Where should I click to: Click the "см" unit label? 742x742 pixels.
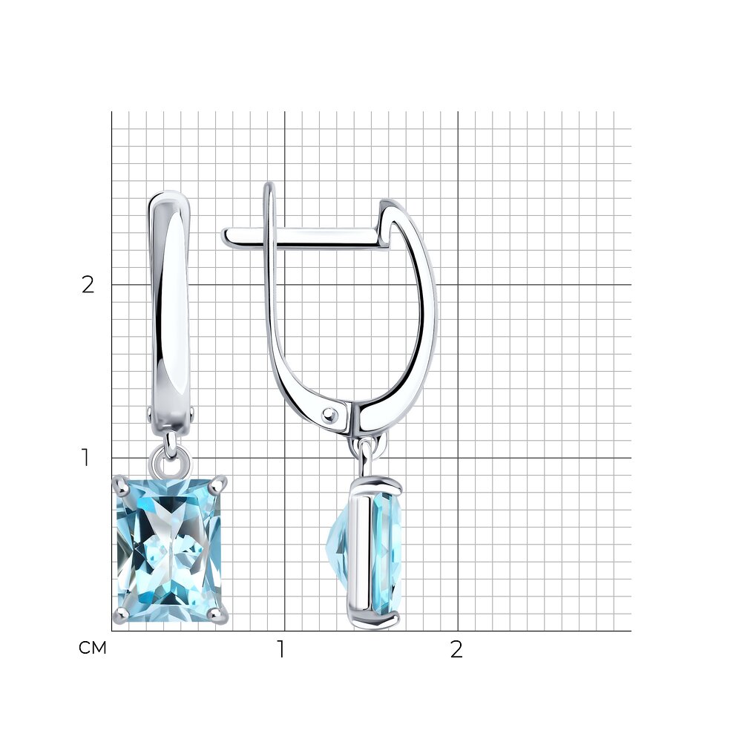[92, 648]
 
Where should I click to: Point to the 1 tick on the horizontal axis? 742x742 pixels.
[281, 650]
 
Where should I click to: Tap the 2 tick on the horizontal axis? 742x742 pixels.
[456, 650]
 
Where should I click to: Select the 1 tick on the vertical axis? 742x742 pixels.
[85, 458]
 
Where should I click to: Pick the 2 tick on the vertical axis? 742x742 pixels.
[88, 284]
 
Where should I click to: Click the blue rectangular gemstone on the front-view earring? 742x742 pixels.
[169, 549]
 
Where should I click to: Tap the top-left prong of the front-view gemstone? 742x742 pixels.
[119, 485]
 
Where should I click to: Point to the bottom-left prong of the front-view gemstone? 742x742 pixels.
[120, 616]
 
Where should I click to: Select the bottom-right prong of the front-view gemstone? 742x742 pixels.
[220, 615]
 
